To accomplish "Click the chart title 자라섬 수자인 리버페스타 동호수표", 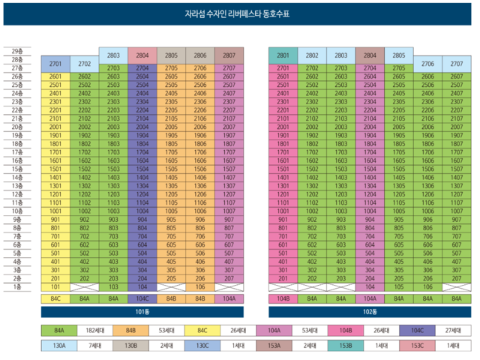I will pyautogui.click(x=239, y=14).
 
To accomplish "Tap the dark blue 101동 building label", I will pyautogui.click(x=142, y=310).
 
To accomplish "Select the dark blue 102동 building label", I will pyautogui.click(x=367, y=310).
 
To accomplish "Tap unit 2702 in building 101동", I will pyautogui.click(x=84, y=64).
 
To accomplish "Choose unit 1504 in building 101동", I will pyautogui.click(x=142, y=169).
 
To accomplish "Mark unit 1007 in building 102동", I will pyautogui.click(x=456, y=211).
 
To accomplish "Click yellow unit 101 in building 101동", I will pyautogui.click(x=55, y=286).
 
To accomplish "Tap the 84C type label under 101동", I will pyautogui.click(x=55, y=298).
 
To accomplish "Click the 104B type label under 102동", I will pyautogui.click(x=283, y=298).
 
